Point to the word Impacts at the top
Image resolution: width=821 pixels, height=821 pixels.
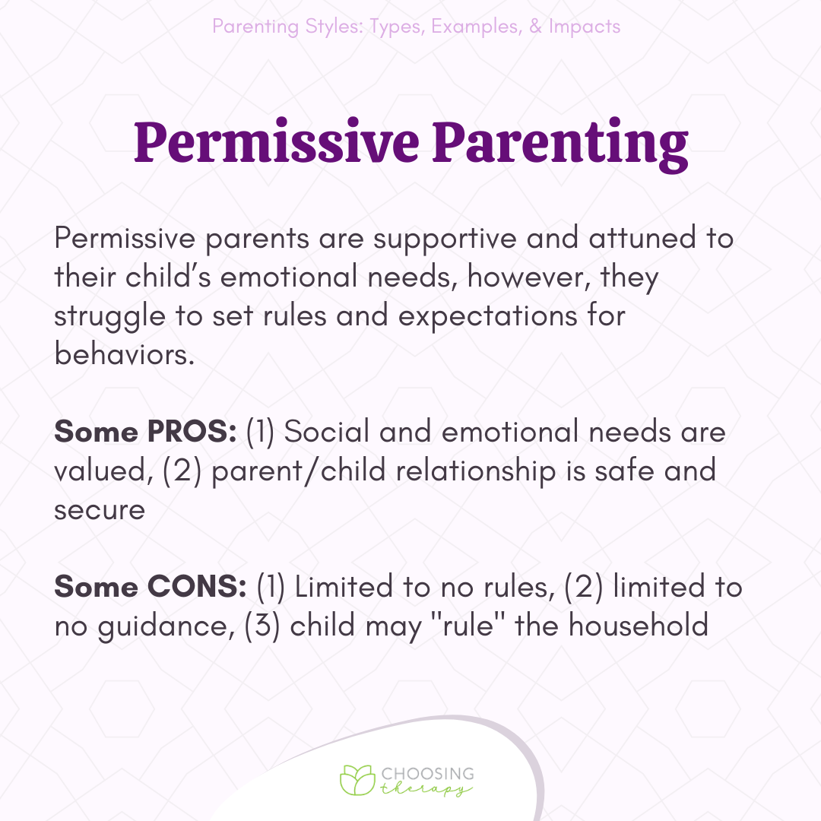point(583,27)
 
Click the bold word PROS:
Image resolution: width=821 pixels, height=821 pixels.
point(197,432)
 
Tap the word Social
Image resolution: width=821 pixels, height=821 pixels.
point(327,432)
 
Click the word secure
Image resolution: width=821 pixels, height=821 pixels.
point(99,509)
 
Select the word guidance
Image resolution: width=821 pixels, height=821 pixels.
point(165,626)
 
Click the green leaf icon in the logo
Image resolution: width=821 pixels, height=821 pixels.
point(357,780)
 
